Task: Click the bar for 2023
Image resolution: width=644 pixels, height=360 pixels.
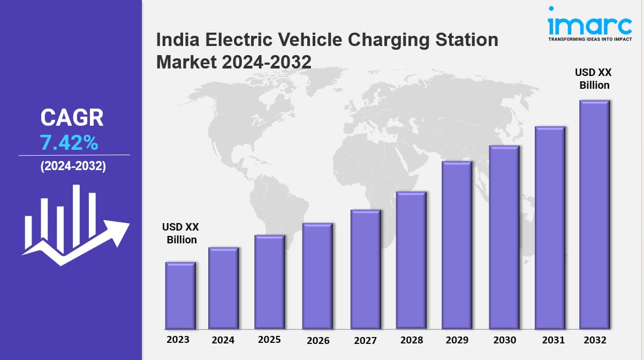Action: coord(180,295)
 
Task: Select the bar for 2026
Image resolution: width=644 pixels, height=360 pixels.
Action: coord(317,276)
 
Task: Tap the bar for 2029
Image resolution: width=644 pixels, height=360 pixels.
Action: coord(457,245)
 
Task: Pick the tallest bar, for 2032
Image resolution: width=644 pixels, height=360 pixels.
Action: coord(594,215)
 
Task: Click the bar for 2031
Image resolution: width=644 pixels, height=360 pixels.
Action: coord(550,228)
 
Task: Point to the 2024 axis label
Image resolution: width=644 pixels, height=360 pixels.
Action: coord(223,340)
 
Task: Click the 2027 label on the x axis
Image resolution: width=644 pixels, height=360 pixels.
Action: coord(365,340)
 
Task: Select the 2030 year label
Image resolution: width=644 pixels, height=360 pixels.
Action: coord(504,340)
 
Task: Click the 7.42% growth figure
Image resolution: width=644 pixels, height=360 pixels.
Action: coord(69,143)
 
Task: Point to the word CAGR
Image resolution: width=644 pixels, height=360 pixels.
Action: coord(72,118)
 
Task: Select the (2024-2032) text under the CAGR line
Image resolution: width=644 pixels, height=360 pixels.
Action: coord(73,166)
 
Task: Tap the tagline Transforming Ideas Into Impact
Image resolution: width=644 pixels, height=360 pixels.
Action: coord(589,39)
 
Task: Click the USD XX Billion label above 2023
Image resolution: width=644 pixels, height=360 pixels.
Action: coord(181,233)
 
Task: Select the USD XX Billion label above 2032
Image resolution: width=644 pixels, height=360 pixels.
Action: coord(593,79)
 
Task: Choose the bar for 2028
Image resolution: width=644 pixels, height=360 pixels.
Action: coord(411,260)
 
